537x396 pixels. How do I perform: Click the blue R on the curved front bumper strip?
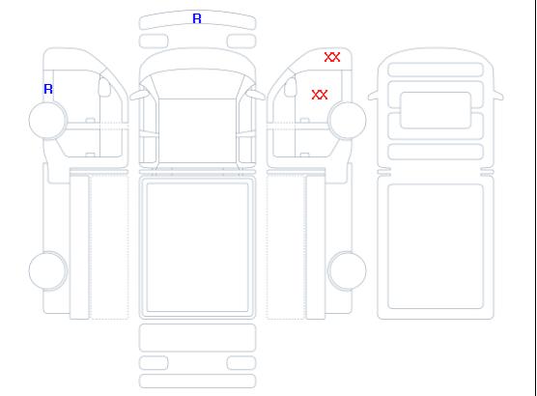tap(197, 18)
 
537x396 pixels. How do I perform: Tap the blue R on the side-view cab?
tap(48, 89)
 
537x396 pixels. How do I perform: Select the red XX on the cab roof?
tap(332, 57)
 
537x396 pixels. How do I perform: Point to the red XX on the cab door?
tap(320, 95)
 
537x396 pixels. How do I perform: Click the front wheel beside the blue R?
tap(48, 120)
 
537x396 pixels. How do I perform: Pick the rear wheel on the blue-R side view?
tap(48, 270)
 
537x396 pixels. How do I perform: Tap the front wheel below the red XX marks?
tap(347, 120)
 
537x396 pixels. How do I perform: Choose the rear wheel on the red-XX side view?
tap(347, 270)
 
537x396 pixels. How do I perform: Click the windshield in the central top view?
tap(197, 84)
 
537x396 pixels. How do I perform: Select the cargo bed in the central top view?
tap(197, 247)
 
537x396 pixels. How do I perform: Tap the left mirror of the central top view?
tap(138, 95)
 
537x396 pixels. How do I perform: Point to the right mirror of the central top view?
tap(256, 95)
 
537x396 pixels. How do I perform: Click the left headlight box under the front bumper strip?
tap(154, 42)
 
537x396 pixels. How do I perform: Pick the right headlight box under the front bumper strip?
tap(241, 42)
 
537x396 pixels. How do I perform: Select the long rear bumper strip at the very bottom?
tap(197, 382)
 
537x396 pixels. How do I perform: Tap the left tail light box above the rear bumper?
tap(154, 363)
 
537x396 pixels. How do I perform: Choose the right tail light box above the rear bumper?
tap(241, 363)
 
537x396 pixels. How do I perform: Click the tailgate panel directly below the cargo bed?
tap(197, 338)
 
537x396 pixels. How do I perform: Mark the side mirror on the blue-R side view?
tap(104, 87)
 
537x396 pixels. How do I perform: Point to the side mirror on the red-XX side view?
tap(291, 87)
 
